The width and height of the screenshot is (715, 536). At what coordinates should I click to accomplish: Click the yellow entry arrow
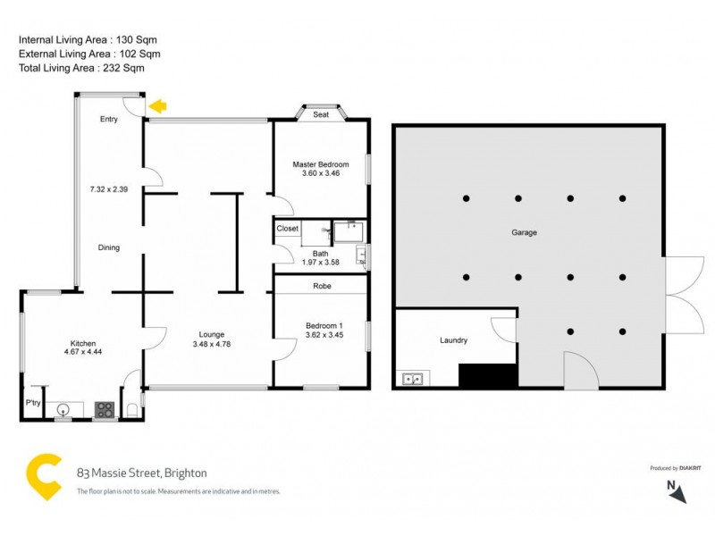(157, 107)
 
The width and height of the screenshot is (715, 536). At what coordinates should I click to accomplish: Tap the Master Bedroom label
(321, 164)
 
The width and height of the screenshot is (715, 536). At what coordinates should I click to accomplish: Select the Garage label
(524, 232)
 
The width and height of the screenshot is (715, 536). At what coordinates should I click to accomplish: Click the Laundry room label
(453, 340)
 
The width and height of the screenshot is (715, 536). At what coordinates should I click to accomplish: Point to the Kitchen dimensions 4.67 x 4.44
(83, 353)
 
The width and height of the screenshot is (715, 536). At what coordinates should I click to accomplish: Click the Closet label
(287, 229)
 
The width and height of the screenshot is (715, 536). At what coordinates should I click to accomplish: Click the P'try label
(33, 404)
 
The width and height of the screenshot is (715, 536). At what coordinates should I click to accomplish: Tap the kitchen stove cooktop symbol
(105, 410)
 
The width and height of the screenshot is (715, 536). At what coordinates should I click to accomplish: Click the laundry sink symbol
(413, 379)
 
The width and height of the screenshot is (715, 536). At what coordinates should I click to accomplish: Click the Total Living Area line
(80, 68)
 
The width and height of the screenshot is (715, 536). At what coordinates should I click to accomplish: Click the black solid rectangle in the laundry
(487, 375)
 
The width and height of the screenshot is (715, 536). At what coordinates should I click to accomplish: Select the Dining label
(109, 247)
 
